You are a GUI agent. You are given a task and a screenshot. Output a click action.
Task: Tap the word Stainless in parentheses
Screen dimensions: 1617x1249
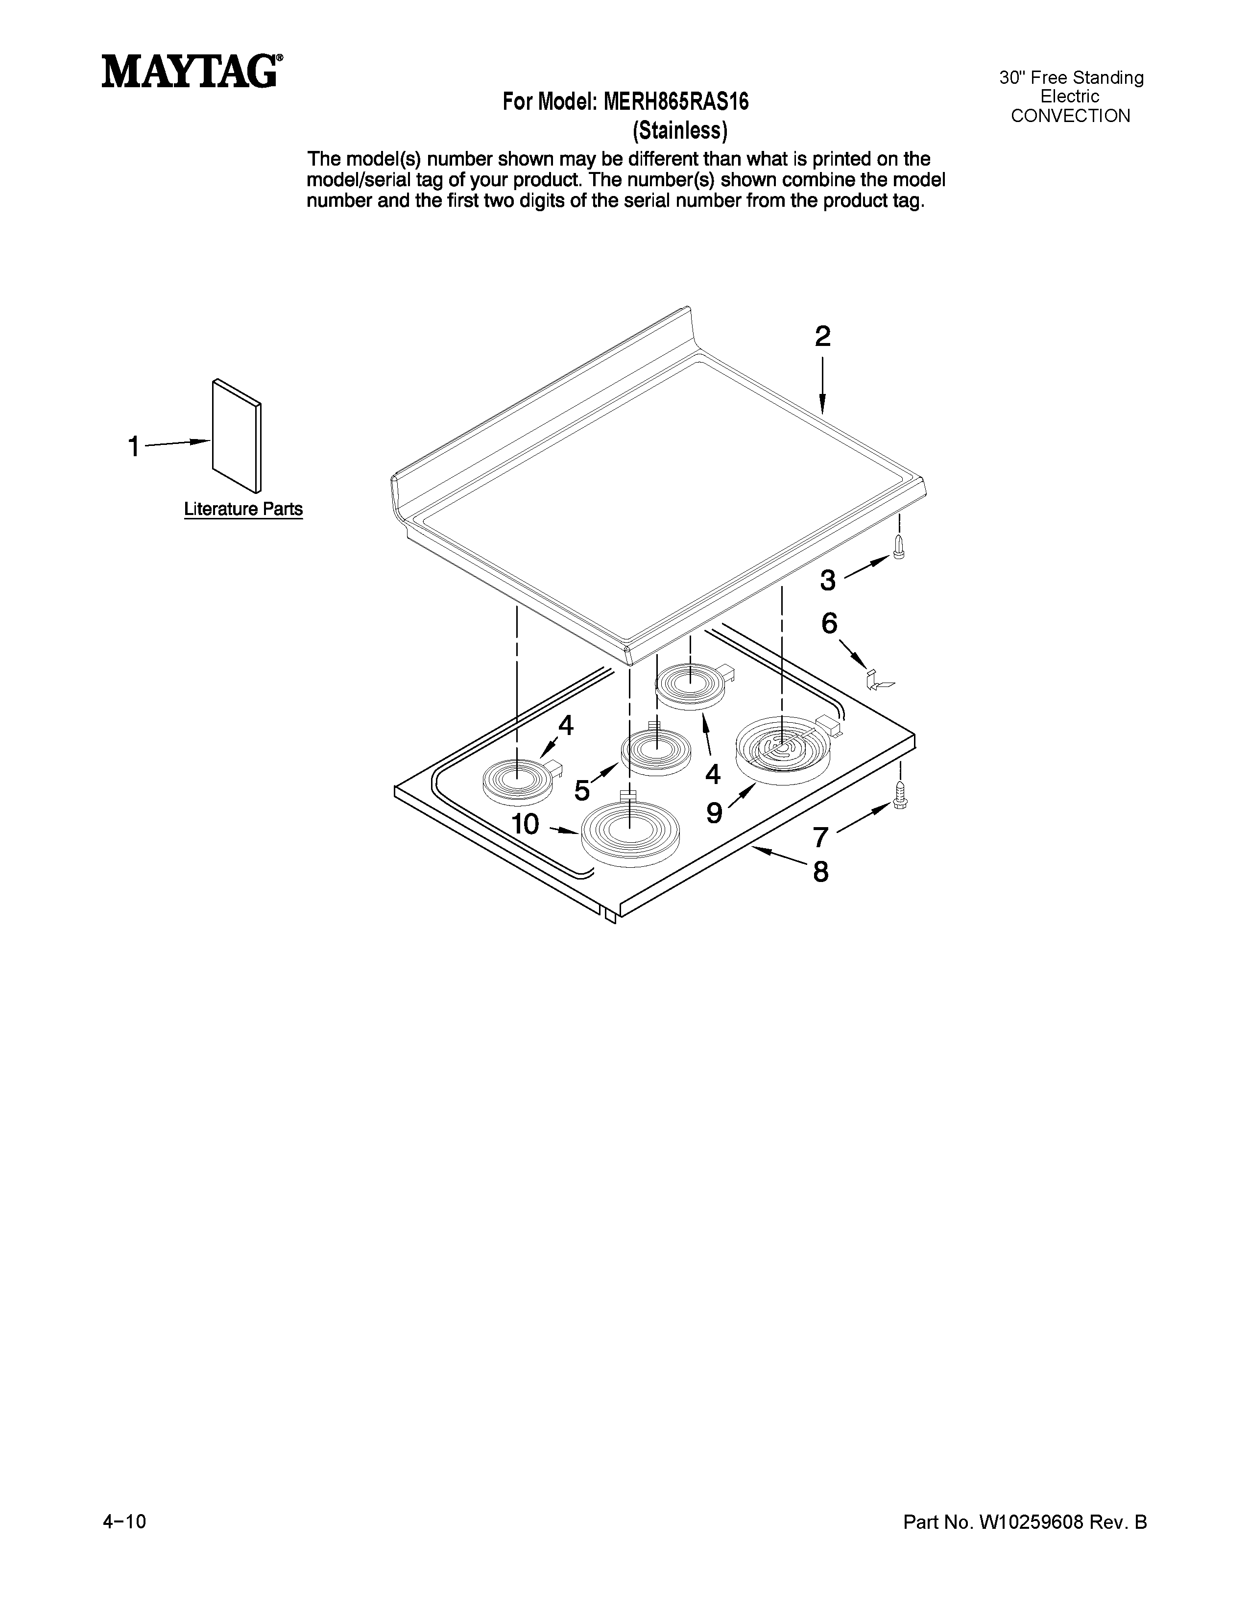[680, 130]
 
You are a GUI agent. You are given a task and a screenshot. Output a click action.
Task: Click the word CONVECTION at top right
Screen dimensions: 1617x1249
[1070, 116]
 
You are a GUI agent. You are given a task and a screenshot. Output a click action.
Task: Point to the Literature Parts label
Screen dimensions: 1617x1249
[242, 510]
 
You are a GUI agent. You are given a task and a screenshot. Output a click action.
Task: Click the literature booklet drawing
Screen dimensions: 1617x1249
[237, 436]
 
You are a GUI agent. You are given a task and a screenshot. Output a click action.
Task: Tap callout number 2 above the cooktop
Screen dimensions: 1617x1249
[822, 337]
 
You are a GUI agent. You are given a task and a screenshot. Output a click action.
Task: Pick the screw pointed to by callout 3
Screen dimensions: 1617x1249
[899, 549]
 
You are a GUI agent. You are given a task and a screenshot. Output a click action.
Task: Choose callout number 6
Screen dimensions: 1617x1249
[829, 623]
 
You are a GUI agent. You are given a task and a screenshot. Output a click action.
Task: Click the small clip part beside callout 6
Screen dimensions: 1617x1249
[878, 680]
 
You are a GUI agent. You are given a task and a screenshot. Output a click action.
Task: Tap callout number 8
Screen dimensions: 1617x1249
[820, 872]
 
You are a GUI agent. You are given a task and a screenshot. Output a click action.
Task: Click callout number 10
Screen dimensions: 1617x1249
[526, 824]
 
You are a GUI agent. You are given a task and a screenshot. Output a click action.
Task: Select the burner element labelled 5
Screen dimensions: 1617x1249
[655, 752]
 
